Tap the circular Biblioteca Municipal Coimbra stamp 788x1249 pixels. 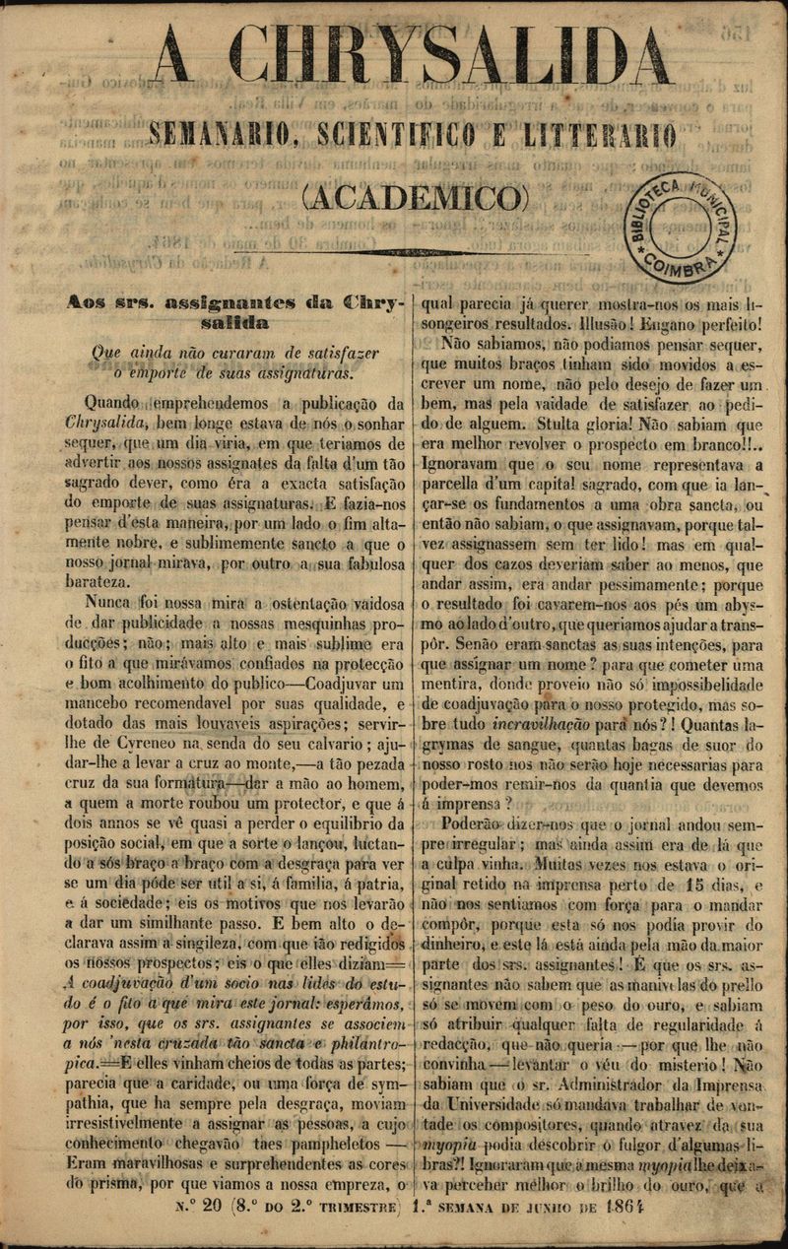[683, 226]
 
